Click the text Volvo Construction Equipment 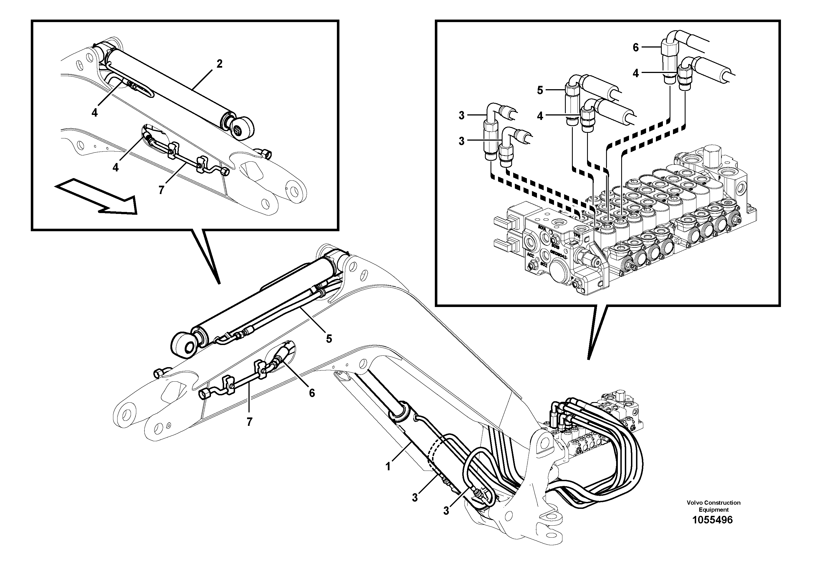(713, 506)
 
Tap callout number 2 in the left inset (219, 64)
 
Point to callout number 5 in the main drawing (329, 339)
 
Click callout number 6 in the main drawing (312, 393)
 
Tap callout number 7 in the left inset (161, 190)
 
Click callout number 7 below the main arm (249, 422)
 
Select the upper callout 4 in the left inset (94, 113)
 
